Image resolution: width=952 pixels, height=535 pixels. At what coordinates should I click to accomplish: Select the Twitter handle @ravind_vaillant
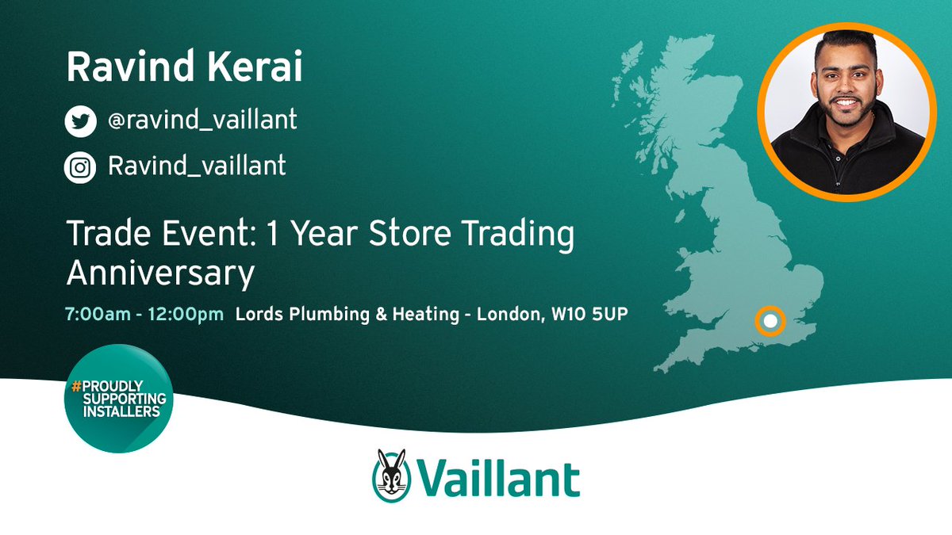202,120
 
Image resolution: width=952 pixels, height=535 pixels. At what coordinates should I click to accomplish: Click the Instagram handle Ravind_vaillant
196,167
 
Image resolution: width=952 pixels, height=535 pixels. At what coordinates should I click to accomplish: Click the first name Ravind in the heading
127,68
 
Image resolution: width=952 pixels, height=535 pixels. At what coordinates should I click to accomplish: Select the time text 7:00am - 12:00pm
144,315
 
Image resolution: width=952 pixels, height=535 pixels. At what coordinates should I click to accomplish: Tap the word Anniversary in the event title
159,273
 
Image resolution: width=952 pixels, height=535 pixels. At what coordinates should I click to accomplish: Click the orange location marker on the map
770,321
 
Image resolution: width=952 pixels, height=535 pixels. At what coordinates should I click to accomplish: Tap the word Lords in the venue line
256,315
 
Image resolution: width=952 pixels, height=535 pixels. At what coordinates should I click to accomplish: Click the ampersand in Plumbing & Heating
378,315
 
